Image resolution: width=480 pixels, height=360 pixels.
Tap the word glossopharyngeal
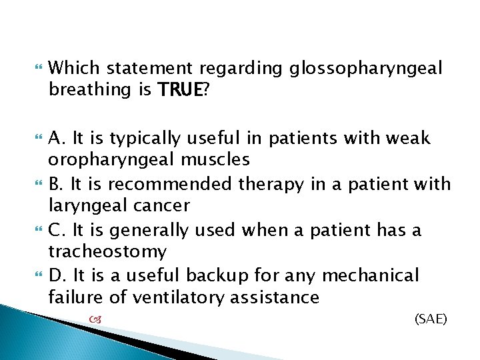(365, 68)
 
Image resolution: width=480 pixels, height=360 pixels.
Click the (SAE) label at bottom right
(431, 319)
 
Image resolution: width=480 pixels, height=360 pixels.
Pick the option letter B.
(55, 183)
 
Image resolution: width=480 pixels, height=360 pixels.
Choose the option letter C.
(56, 229)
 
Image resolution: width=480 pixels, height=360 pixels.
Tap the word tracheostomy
(109, 251)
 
